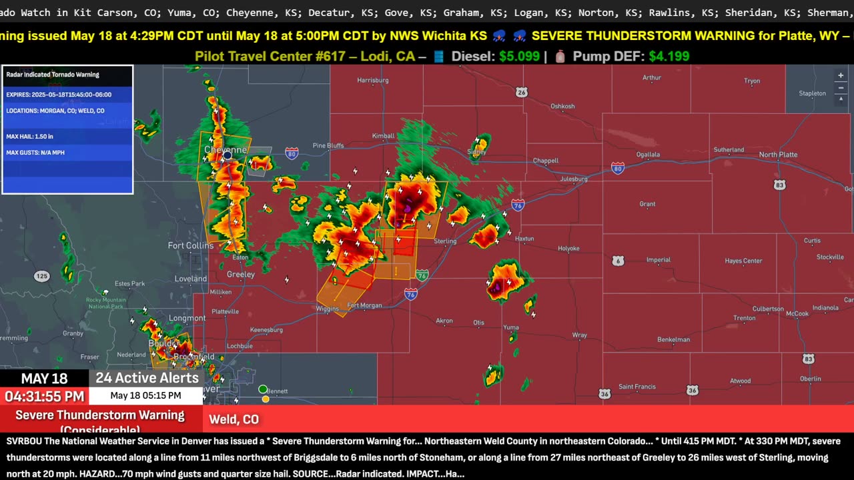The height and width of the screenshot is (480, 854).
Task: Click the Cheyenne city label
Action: [x=225, y=149]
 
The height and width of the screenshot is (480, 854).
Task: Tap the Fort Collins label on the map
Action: [x=191, y=245]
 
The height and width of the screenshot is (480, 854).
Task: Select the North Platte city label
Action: [x=778, y=155]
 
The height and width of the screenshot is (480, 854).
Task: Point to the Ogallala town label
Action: [x=648, y=155]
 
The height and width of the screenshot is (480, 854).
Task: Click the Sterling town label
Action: [x=445, y=241]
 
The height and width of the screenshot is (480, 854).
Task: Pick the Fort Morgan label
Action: [x=364, y=305]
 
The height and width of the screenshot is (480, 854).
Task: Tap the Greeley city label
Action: [x=241, y=274]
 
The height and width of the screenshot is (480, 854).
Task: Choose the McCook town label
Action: [x=797, y=313]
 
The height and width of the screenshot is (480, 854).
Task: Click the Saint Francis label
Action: [x=636, y=387]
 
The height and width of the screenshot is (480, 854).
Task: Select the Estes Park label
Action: [x=129, y=284]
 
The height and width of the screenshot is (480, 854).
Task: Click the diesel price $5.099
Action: [x=519, y=57]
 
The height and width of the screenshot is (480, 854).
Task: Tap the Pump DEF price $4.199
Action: [x=668, y=57]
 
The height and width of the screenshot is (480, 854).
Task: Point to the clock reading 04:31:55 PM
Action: [x=45, y=397]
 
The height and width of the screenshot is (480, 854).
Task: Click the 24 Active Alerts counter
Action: [x=147, y=378]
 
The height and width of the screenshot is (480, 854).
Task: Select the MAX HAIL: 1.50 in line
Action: [x=30, y=137]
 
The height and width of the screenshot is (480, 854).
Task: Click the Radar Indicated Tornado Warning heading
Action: [x=53, y=75]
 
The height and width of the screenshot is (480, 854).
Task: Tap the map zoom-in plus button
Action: [x=841, y=76]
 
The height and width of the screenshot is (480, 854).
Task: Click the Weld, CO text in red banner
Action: [x=234, y=419]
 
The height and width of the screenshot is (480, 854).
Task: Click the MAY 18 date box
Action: [x=44, y=379]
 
